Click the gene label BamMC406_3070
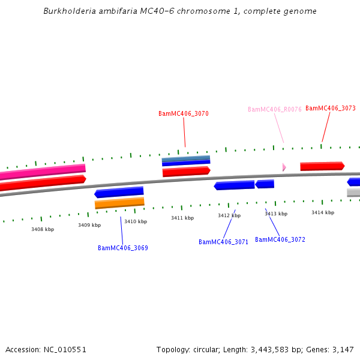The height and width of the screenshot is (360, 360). point(184,113)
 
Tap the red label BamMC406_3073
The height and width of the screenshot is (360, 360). point(330,108)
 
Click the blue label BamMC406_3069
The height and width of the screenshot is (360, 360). point(123,248)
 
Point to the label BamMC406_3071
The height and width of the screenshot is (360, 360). point(223,242)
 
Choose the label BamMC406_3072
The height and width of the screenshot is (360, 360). point(280,239)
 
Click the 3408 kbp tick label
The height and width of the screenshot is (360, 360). point(43,229)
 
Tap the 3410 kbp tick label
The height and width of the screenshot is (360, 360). point(136,221)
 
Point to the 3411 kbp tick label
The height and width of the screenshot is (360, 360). point(182,218)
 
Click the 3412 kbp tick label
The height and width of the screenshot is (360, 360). point(229,215)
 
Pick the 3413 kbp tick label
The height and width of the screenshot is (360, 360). point(276,214)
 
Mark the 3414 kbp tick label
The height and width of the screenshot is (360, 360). point(323,212)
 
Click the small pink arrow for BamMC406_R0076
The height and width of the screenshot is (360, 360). point(284,167)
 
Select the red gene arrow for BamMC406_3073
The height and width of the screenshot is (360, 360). point(322,166)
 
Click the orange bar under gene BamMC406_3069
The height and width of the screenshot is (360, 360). point(119,203)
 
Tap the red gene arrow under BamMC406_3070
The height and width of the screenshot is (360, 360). point(186,172)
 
